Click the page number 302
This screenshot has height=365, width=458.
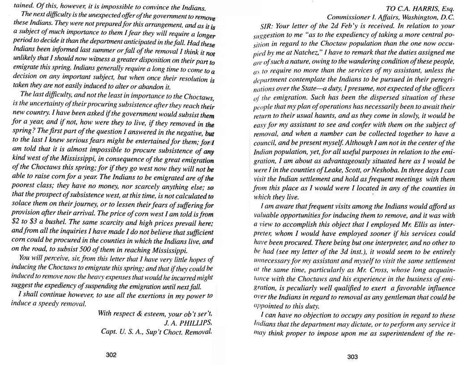point(111,355)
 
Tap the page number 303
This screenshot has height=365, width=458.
point(352,357)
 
